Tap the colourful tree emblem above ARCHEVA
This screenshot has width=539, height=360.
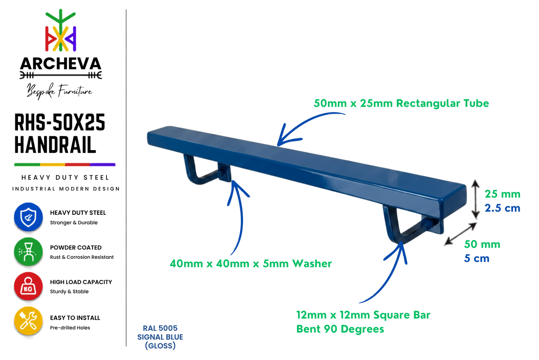point(61,30)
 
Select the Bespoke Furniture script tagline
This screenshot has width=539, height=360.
point(59,91)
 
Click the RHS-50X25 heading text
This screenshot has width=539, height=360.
point(60,122)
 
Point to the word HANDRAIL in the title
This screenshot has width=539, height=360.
point(55,145)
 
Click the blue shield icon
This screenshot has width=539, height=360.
point(28,217)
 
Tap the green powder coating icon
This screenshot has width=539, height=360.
point(28,252)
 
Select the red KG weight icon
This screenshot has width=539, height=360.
point(28,286)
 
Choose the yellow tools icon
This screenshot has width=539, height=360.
point(28,321)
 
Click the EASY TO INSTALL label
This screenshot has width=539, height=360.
point(75,318)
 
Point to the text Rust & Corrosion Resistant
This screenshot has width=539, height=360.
point(82,257)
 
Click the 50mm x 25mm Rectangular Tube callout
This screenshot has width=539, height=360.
point(401,103)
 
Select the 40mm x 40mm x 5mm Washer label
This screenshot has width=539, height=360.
point(251,264)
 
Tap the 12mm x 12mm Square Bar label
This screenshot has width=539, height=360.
point(363,315)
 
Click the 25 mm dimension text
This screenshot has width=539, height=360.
point(503,194)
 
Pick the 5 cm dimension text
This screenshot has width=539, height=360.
point(477,258)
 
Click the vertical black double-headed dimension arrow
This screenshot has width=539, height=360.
point(475,199)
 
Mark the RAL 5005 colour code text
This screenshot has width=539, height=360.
point(160,328)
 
